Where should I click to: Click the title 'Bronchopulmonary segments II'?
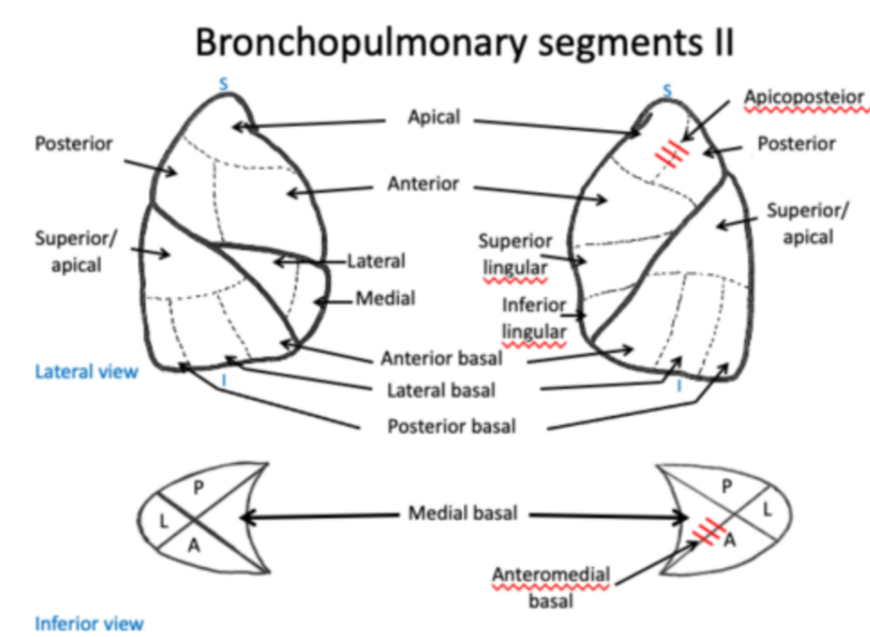463,43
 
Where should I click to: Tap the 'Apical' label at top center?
433,118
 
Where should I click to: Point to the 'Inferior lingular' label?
535,318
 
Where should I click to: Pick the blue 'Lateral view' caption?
86,372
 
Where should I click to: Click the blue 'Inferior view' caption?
90,623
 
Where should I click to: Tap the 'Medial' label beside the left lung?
385,300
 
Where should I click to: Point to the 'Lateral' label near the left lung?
376,262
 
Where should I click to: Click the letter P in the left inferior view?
199,487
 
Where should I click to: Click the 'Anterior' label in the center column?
423,184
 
